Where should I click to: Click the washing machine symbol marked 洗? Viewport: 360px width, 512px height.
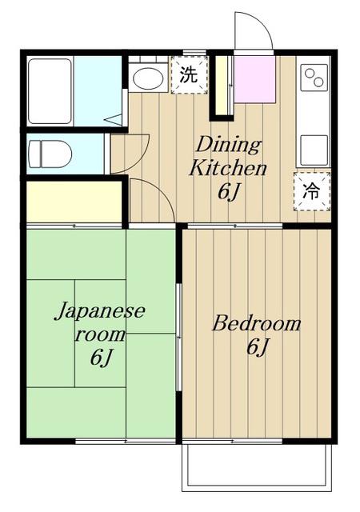tap(189, 75)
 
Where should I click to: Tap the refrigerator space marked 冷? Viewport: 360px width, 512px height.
tap(312, 192)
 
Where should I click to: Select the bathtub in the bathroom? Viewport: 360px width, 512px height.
tap(50, 91)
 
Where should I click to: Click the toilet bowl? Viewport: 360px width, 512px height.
tap(50, 154)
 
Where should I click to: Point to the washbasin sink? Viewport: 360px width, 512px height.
tap(149, 78)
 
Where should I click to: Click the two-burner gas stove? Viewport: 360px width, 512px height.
tap(314, 78)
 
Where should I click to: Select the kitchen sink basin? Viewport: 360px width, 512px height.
tap(314, 150)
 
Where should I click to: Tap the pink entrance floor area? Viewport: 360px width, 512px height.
tap(255, 79)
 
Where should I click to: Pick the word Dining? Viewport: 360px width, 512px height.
tap(228, 145)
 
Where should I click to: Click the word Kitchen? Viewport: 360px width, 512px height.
tap(228, 169)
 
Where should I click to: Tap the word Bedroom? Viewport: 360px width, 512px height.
tap(257, 323)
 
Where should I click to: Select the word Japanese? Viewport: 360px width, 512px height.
tap(100, 311)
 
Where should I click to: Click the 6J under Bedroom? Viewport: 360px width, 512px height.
tap(258, 347)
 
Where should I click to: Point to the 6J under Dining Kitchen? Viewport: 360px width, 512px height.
tap(229, 192)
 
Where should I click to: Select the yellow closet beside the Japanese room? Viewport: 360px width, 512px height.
tap(74, 202)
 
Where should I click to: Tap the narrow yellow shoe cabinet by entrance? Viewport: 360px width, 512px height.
tap(222, 86)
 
